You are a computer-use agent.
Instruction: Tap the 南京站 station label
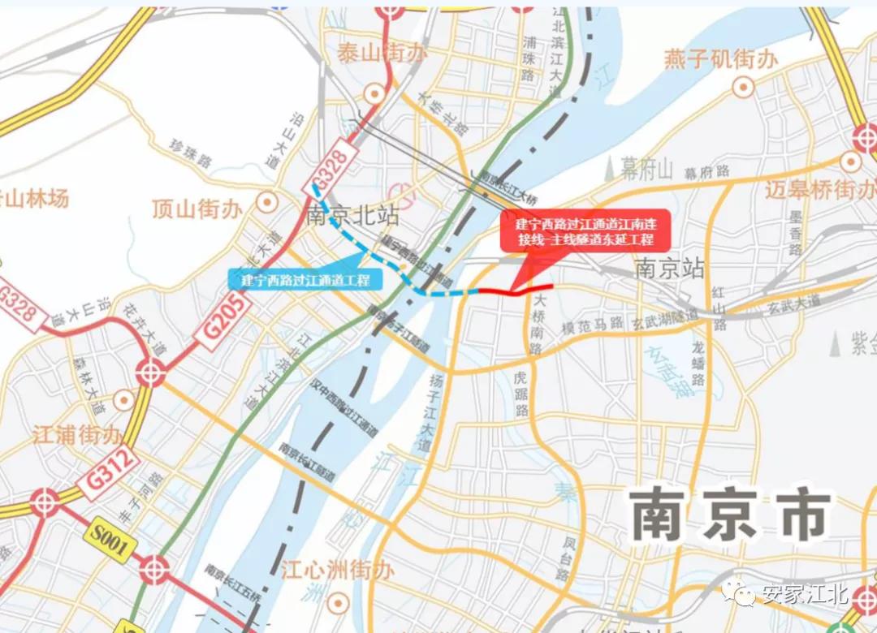tap(671, 269)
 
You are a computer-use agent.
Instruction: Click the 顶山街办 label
tap(197, 209)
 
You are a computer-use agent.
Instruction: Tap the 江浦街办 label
tap(78, 434)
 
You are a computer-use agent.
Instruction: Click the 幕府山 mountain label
tap(647, 170)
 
